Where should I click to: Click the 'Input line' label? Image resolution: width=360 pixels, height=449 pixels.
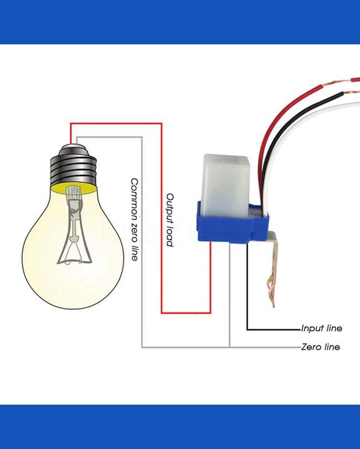pyautogui.click(x=321, y=328)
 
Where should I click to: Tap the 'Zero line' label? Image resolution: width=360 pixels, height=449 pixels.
pyautogui.click(x=320, y=347)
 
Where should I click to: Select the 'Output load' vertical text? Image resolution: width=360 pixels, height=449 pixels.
pyautogui.click(x=171, y=220)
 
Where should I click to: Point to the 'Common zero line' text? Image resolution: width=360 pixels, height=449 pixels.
pyautogui.click(x=134, y=220)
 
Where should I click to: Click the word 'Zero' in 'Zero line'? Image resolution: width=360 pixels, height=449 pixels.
pyautogui.click(x=311, y=347)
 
